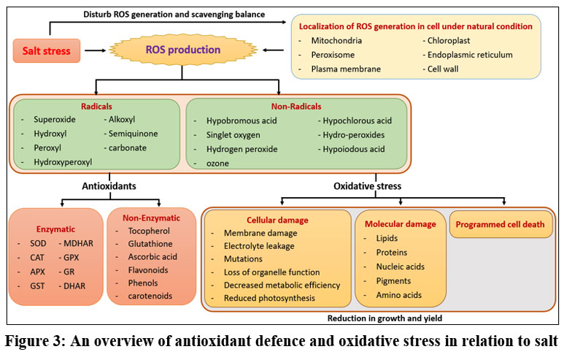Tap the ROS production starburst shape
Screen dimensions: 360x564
coord(183,51)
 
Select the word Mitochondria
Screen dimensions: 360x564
coord(336,40)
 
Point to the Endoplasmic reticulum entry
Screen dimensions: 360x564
coord(471,55)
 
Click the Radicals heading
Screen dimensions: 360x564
coord(96,105)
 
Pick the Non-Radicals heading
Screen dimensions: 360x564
coord(297,105)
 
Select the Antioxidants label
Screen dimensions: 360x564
coord(109,185)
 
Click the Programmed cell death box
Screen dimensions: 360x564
coord(501,224)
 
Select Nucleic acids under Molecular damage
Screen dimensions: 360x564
coord(401,266)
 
